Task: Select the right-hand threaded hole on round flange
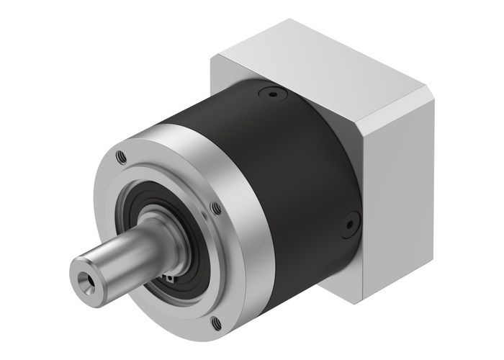click(x=216, y=210)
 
